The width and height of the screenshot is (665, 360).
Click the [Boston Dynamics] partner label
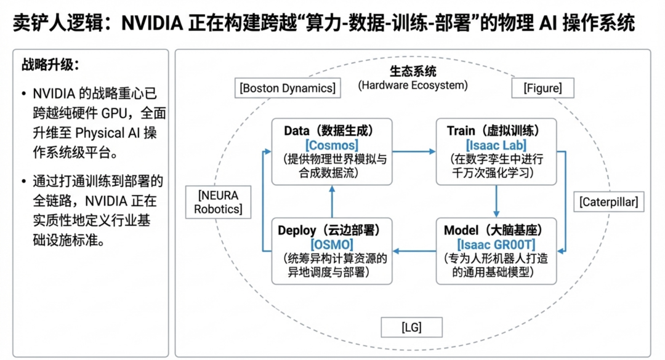[288, 88]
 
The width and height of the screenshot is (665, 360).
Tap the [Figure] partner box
[542, 88]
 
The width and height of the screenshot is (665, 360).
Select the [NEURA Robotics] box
[218, 202]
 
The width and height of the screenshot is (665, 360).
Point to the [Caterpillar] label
[608, 201]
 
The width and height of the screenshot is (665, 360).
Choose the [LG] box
[411, 327]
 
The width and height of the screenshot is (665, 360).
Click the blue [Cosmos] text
[331, 145]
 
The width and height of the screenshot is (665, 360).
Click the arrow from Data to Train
[414, 151]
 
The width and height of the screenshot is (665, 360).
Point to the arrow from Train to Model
[496, 201]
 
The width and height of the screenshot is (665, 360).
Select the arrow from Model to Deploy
[414, 250]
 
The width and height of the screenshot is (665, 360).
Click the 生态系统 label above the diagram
[413, 72]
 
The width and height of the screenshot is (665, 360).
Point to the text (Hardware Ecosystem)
[413, 86]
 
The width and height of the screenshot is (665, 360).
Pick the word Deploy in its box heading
[297, 231]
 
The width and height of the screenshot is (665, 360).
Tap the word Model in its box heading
[461, 231]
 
